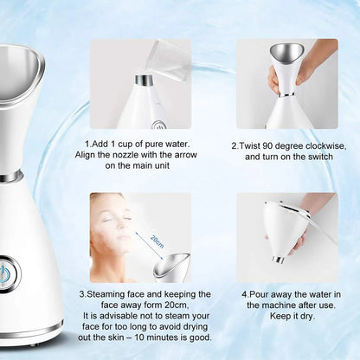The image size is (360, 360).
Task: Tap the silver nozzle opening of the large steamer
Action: tap(19, 63)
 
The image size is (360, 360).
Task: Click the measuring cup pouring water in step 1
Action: tap(169, 60)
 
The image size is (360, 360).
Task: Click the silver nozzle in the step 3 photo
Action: tap(172, 263)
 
